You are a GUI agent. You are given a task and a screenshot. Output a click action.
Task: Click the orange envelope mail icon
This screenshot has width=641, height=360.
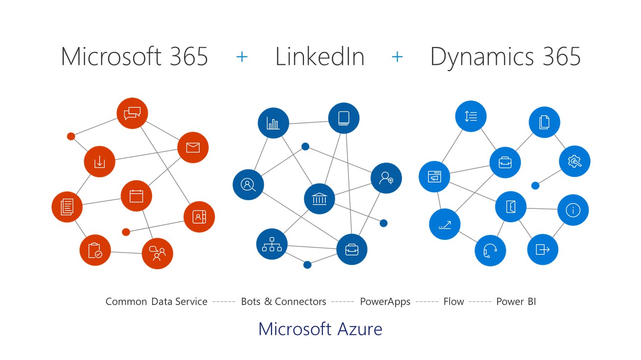point(193,147)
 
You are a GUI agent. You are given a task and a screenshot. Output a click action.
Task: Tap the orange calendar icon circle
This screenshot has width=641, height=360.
point(136,196)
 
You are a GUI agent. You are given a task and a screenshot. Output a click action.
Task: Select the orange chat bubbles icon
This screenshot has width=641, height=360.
point(132,113)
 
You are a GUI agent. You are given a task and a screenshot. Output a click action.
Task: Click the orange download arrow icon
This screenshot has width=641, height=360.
point(99,161)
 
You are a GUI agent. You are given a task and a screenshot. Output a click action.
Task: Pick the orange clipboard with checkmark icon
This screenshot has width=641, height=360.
point(95,250)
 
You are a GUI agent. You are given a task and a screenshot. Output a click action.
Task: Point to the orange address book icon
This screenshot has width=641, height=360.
point(199,216)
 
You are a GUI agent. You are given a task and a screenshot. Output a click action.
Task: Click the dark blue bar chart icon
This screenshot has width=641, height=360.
point(273,123)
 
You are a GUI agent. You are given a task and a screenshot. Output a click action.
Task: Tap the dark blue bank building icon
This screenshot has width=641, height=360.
point(320,199)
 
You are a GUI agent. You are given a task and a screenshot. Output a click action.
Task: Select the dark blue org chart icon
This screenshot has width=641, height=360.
point(272,244)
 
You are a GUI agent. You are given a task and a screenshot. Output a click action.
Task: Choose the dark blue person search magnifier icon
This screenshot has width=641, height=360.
point(248,184)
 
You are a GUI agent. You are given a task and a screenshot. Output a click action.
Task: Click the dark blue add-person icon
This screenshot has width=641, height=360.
point(386,178)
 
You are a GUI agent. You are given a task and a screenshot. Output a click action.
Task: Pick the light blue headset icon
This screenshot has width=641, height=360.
point(490,251)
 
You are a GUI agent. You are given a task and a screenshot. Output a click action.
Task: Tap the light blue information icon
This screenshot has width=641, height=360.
point(573,210)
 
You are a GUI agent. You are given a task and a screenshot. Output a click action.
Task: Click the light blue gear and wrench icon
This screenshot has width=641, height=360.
point(574,161)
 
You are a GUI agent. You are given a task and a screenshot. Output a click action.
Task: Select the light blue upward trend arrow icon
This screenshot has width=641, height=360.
point(444,224)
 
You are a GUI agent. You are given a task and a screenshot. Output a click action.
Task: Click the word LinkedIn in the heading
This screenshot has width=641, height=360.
point(320,56)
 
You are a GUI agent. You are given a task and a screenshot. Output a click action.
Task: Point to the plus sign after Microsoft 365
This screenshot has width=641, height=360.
point(242,57)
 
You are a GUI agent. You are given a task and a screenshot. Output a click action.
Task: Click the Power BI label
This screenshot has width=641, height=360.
point(516,302)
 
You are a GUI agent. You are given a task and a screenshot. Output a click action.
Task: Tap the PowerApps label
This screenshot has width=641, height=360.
point(385,302)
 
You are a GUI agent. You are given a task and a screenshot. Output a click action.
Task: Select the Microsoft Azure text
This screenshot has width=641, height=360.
point(320,329)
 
